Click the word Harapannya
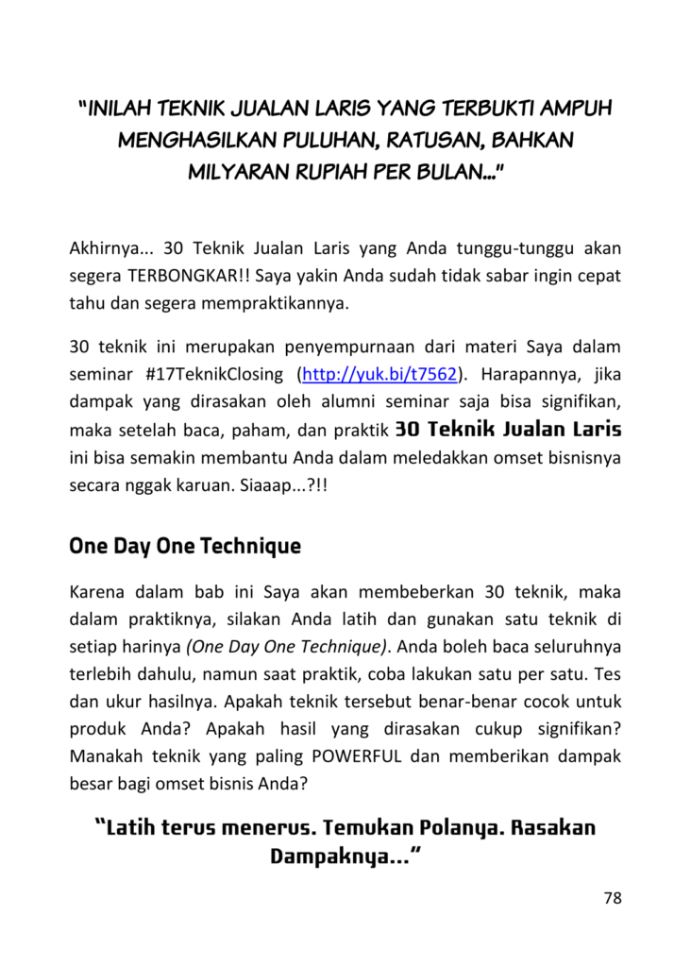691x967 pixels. pyautogui.click(x=527, y=375)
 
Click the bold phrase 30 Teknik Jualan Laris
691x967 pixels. pyautogui.click(x=509, y=430)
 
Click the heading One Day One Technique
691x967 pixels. pyautogui.click(x=185, y=546)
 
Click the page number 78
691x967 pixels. pyautogui.click(x=613, y=898)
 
